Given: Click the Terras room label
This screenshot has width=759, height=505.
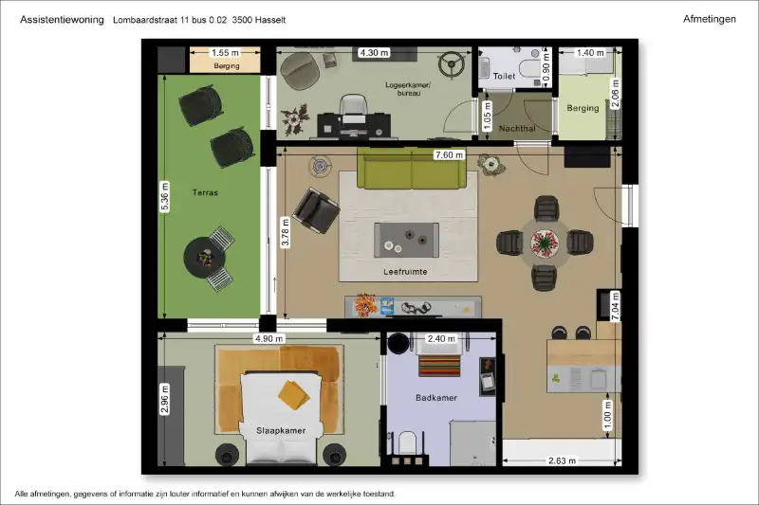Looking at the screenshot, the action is click(x=205, y=192).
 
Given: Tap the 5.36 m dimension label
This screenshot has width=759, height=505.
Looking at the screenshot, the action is click(x=164, y=196).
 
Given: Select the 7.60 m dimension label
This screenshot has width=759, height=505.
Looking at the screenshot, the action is click(x=449, y=154).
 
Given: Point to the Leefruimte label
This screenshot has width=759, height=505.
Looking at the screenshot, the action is click(x=405, y=272).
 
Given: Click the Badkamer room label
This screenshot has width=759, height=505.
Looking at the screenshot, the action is click(x=436, y=398).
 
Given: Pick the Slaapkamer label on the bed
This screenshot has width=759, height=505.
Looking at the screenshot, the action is click(x=281, y=430).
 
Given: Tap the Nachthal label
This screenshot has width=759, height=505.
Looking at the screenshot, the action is click(x=517, y=129).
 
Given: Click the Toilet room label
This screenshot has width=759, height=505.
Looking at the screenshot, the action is click(x=504, y=76).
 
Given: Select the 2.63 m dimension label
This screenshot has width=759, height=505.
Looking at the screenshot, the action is click(x=562, y=460).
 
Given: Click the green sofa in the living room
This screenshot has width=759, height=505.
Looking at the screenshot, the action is click(x=412, y=168).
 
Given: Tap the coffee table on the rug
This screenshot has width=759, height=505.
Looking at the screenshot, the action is click(x=406, y=240).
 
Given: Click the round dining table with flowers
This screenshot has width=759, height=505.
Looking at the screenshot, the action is click(x=545, y=243).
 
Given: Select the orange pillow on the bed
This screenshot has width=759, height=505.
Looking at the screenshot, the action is click(x=294, y=395).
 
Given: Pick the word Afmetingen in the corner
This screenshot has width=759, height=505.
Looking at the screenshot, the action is click(x=709, y=19).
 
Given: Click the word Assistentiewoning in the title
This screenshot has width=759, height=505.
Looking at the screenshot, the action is click(x=62, y=20).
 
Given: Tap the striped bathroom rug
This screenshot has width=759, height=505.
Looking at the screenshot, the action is click(x=439, y=366).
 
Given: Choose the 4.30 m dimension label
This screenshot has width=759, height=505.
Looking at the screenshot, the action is click(x=374, y=52).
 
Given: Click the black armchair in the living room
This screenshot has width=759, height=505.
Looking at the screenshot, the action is click(x=316, y=210).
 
